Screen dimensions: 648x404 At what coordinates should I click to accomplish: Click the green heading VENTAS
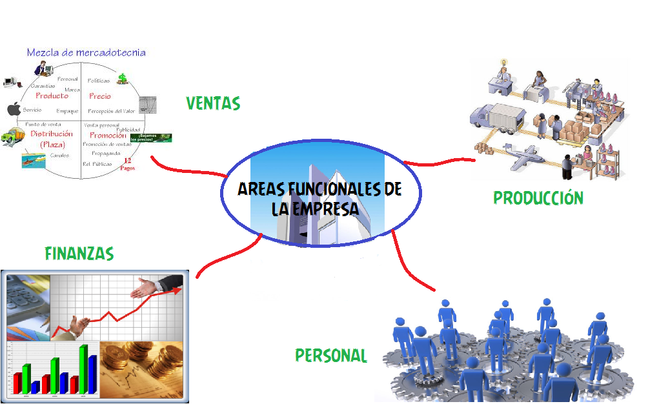point(213,103)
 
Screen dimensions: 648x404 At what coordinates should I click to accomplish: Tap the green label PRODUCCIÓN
point(538,198)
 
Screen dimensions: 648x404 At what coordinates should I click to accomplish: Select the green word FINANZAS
point(79,254)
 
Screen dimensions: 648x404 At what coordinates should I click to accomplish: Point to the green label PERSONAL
point(331,356)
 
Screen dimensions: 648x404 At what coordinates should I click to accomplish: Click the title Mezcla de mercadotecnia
point(86,53)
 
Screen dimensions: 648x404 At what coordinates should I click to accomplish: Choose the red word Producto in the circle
point(52,96)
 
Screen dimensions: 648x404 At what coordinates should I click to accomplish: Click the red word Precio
point(100,96)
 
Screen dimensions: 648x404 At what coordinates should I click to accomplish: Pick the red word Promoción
point(108,136)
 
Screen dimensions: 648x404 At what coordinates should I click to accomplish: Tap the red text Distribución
point(47,134)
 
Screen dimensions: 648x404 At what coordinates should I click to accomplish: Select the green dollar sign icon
point(121,79)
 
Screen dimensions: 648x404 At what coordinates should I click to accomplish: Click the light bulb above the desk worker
point(505,63)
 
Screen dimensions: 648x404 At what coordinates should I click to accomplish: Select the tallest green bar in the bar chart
point(83,368)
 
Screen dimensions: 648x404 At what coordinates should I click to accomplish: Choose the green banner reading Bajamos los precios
point(151,137)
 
